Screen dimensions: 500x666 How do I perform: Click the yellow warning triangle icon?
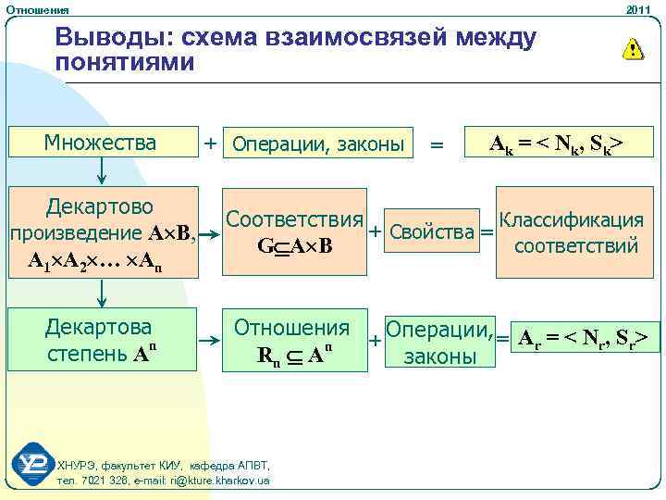point(632,49)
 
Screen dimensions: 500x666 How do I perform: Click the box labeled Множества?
point(102,143)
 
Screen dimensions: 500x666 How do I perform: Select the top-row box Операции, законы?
point(318,144)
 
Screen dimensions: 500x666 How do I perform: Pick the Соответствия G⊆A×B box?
point(294,232)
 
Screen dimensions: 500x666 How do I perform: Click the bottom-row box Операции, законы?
point(438,342)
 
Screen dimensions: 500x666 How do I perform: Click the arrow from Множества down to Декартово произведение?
point(102,169)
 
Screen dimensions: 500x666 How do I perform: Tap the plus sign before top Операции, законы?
point(211,143)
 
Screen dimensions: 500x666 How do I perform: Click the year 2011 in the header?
point(638,8)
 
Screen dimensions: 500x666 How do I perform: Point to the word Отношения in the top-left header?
point(37,9)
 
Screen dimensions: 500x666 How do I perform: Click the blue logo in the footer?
point(34,464)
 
